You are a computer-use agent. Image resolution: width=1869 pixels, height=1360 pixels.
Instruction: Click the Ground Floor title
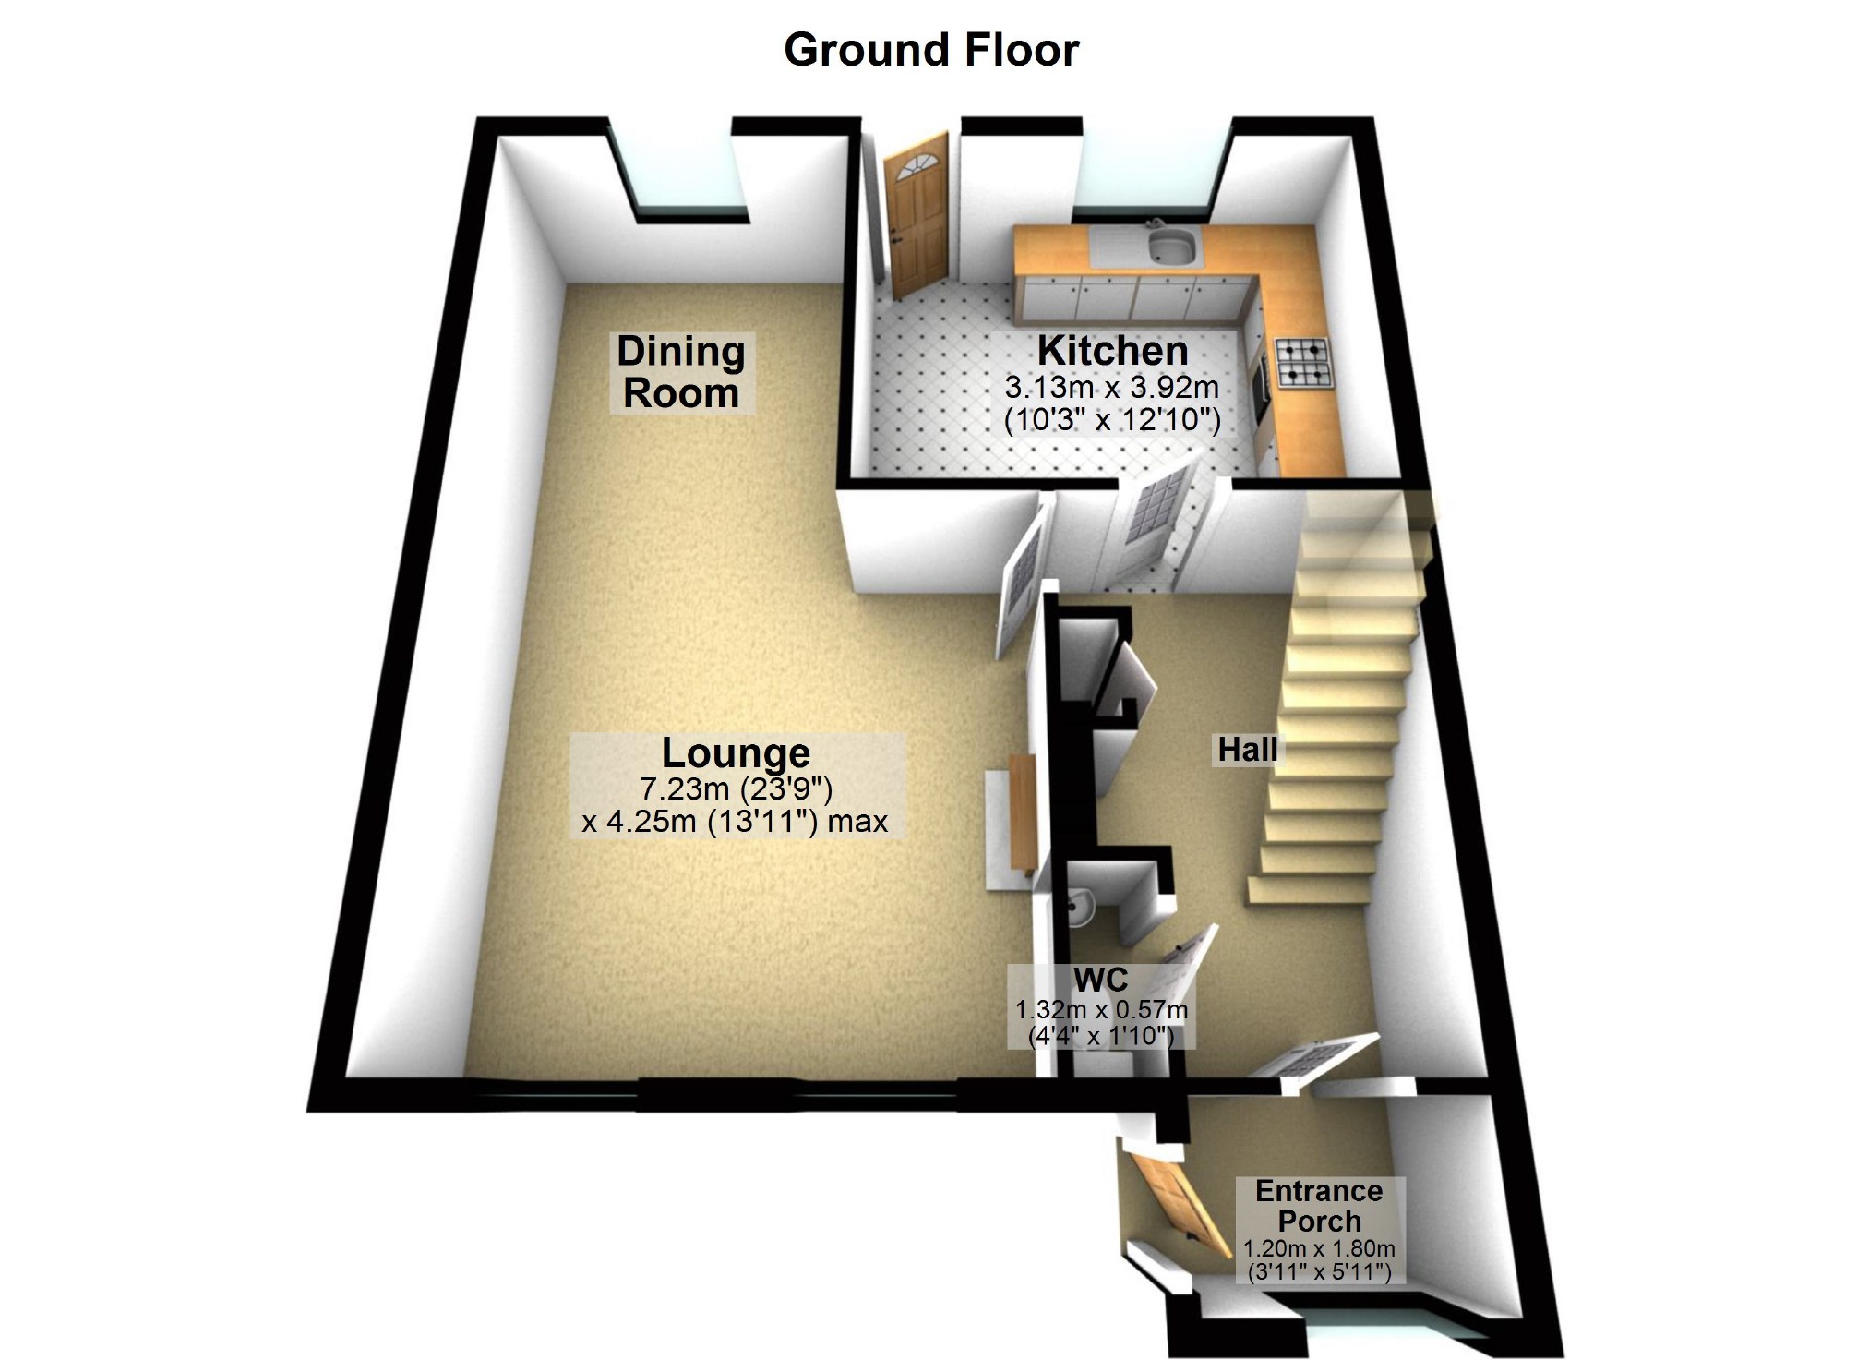[931, 50]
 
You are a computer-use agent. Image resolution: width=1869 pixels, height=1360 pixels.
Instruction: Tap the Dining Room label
[681, 372]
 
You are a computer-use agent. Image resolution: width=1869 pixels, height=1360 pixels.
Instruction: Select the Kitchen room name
[1112, 351]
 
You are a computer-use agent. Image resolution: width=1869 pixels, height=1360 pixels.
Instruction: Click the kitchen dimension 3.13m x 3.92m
[1112, 387]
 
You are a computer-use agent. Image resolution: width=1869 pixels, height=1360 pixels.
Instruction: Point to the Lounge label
[736, 753]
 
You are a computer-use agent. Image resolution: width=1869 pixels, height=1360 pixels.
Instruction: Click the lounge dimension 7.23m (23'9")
[736, 789]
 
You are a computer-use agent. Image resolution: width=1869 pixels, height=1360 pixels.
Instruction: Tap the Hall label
[1247, 750]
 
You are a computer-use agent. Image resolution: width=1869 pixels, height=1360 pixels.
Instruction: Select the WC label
[1100, 980]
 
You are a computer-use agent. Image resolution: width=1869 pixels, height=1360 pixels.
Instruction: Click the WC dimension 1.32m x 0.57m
[1101, 1009]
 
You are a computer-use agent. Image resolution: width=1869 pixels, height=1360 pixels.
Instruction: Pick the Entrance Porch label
[1319, 1206]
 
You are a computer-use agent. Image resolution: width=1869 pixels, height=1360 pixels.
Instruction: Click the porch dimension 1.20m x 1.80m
[1319, 1248]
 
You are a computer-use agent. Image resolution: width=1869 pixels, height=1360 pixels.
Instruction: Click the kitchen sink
[1171, 247]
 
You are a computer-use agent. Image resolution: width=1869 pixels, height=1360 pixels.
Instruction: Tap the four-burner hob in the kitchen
[1302, 363]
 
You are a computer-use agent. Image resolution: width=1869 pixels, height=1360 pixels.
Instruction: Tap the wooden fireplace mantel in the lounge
[1023, 812]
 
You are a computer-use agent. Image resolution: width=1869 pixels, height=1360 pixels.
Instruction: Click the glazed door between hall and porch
[1315, 1057]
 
